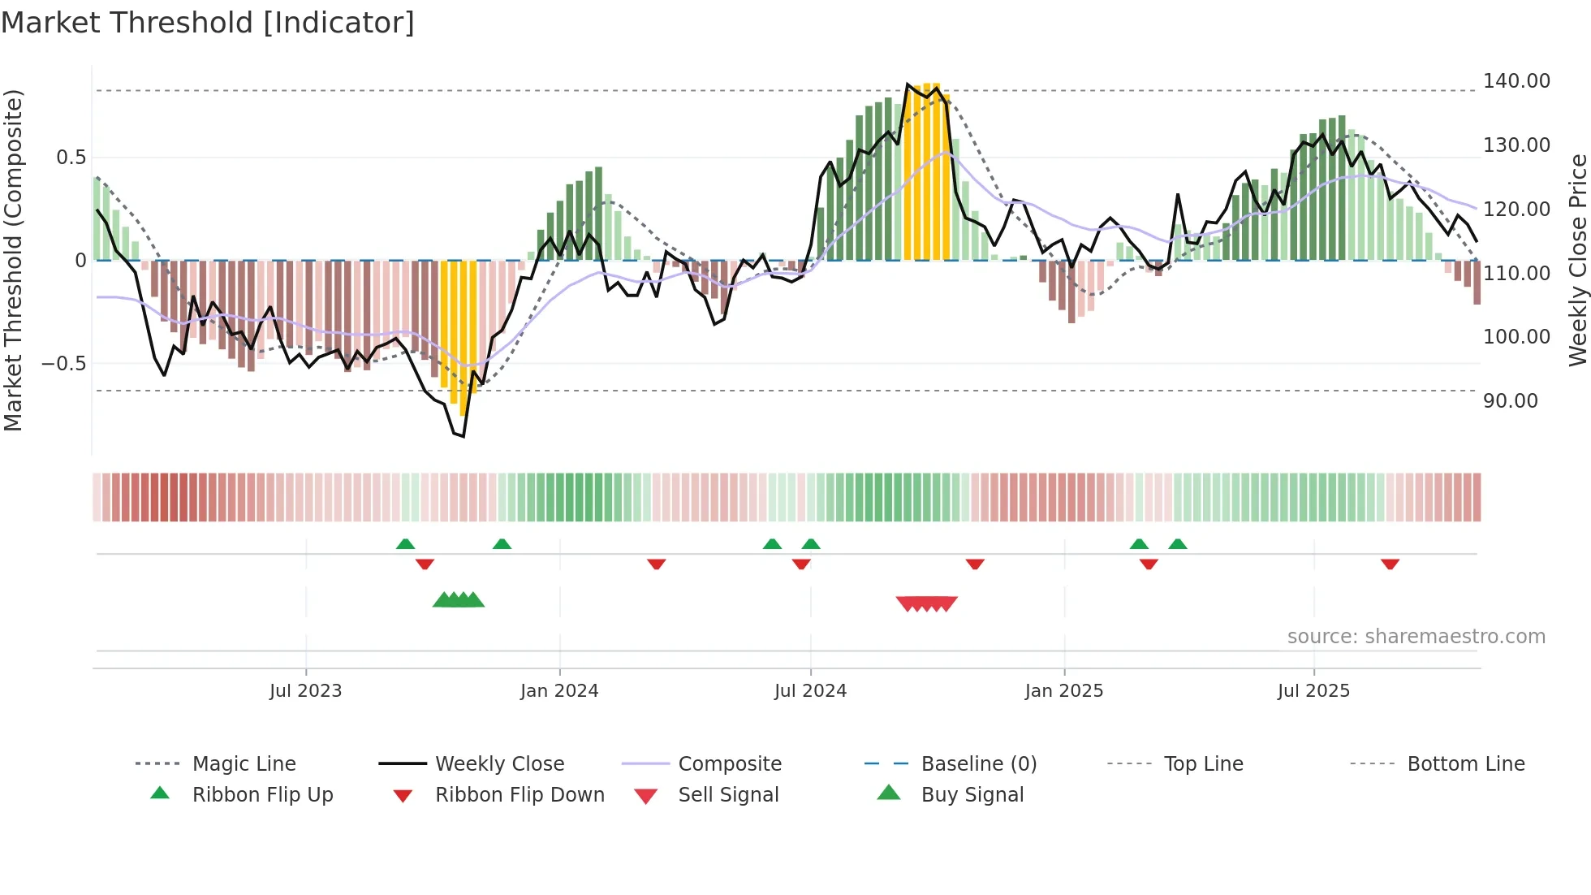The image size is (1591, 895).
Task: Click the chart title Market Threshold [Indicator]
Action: click(208, 23)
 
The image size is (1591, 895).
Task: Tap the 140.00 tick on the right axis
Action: click(1516, 81)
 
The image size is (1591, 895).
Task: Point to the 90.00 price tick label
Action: click(1510, 401)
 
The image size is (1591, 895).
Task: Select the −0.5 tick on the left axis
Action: click(64, 363)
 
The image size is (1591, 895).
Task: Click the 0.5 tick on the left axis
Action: click(71, 158)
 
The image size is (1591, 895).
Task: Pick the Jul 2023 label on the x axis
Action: click(305, 691)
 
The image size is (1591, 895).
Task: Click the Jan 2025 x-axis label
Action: click(1063, 691)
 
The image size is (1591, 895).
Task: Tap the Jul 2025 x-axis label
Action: click(1313, 691)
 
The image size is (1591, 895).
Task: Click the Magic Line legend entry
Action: click(244, 764)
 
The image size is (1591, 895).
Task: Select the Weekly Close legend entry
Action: click(499, 764)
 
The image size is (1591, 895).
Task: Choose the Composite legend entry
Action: click(729, 764)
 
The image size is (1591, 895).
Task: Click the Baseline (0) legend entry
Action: click(978, 764)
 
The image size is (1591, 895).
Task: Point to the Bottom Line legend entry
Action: click(1465, 764)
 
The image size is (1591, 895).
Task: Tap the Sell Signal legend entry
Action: click(727, 795)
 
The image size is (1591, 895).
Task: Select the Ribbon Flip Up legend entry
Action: click(262, 795)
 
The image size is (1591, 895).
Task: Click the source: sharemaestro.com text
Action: click(1416, 637)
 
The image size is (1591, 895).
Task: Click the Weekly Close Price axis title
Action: click(1577, 260)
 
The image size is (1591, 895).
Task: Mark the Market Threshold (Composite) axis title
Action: click(13, 260)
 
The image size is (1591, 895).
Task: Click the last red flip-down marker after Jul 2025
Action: click(1390, 564)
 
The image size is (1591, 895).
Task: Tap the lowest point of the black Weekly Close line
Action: click(463, 436)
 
